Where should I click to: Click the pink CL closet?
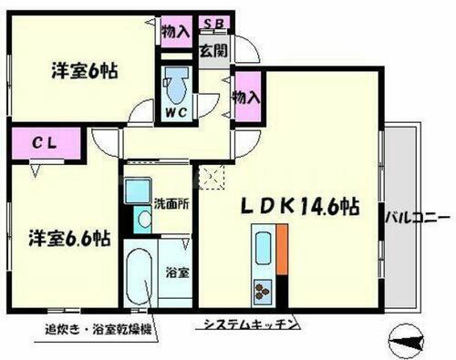[45, 142]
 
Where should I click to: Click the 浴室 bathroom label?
[176, 271]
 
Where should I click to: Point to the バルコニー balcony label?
[416, 218]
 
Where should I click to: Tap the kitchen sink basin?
[263, 249]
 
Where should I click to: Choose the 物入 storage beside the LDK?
[246, 94]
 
